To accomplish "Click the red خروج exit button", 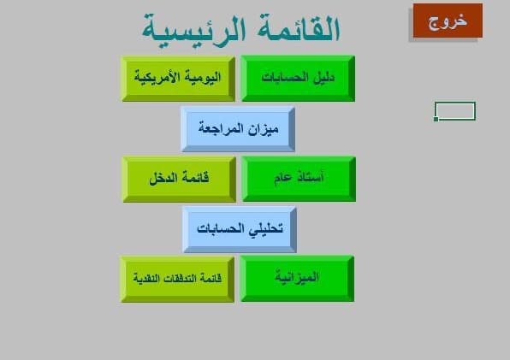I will pyautogui.click(x=448, y=21).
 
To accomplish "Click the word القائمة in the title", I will pyautogui.click(x=295, y=29).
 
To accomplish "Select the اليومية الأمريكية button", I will pyautogui.click(x=178, y=78).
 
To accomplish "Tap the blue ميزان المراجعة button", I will pyautogui.click(x=237, y=128).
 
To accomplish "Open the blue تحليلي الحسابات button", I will pyautogui.click(x=239, y=229).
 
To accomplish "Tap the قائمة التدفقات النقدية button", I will pyautogui.click(x=177, y=279).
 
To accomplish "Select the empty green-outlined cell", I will pyautogui.click(x=455, y=111).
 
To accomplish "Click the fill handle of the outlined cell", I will pyautogui.click(x=436, y=120).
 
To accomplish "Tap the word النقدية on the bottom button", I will pyautogui.click(x=147, y=279).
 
